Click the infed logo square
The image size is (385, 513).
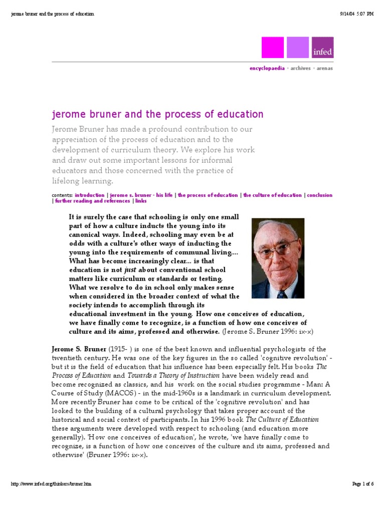322,47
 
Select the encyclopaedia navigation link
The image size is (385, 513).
267,68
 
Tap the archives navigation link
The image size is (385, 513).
300,68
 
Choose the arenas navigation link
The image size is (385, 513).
324,68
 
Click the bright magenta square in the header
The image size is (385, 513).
272,47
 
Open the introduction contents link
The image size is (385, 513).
90,195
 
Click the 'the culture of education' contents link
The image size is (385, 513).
272,195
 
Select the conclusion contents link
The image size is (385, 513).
320,195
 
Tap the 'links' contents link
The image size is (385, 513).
140,201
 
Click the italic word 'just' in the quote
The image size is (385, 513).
130,270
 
